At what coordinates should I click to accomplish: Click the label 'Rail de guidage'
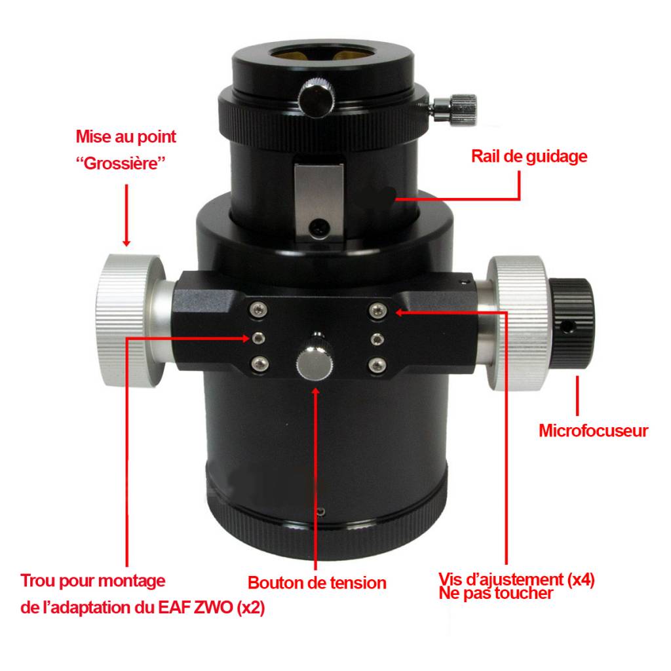(x=529, y=157)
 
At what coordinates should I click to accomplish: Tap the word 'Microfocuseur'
(x=593, y=431)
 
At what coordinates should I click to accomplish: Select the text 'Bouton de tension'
(x=316, y=583)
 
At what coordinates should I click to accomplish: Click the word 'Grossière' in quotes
(x=121, y=163)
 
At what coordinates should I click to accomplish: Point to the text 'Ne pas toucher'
(x=495, y=594)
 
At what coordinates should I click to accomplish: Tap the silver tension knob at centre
(x=315, y=362)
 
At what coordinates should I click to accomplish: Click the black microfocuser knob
(x=571, y=324)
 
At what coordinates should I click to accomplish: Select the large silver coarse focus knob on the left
(x=128, y=321)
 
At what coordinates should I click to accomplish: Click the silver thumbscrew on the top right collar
(x=455, y=109)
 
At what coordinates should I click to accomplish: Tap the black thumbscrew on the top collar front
(x=316, y=98)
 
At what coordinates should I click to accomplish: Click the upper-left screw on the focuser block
(x=258, y=309)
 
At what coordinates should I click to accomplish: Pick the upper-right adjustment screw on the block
(x=377, y=311)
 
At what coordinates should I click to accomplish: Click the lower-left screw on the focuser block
(x=259, y=364)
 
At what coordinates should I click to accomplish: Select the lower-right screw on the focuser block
(x=377, y=365)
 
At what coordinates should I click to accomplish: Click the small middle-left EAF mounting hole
(x=258, y=338)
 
